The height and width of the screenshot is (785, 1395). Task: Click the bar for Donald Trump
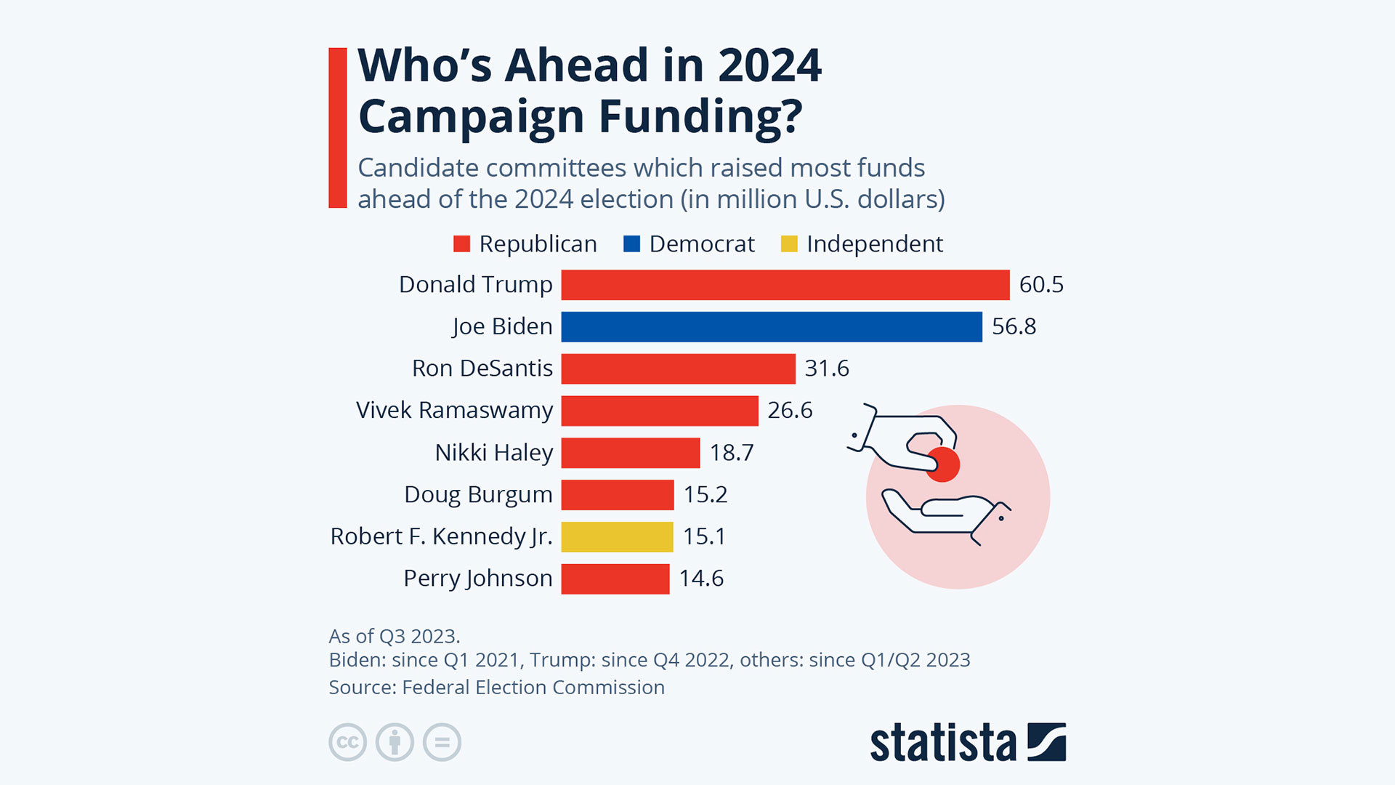[x=785, y=285]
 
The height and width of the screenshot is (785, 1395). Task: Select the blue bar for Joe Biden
[x=771, y=327]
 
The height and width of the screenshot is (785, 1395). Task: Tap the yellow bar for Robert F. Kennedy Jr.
[x=617, y=537]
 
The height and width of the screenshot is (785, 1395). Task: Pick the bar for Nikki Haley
[x=630, y=453]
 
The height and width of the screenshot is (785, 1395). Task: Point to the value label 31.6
[x=827, y=369]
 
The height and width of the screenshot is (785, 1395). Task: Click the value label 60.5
[x=1041, y=285]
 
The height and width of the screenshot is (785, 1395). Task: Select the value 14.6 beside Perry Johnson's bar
[x=701, y=579]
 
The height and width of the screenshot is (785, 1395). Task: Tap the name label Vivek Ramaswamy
[x=454, y=411]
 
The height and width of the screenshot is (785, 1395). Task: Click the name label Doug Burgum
[x=478, y=495]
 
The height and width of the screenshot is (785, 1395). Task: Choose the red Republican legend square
[x=461, y=244]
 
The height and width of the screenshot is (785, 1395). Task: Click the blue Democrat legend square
[x=631, y=244]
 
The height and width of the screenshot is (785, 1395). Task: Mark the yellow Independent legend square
[x=789, y=244]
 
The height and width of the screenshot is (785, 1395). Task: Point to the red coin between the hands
[x=943, y=464]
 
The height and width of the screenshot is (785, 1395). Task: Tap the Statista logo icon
[x=1046, y=742]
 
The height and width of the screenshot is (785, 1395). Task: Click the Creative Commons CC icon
[x=347, y=742]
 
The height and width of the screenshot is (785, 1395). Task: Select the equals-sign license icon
[x=442, y=742]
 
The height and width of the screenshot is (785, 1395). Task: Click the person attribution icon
[x=395, y=742]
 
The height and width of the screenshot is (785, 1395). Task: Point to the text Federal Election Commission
[x=533, y=688]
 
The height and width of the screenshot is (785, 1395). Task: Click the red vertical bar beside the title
[x=338, y=128]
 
